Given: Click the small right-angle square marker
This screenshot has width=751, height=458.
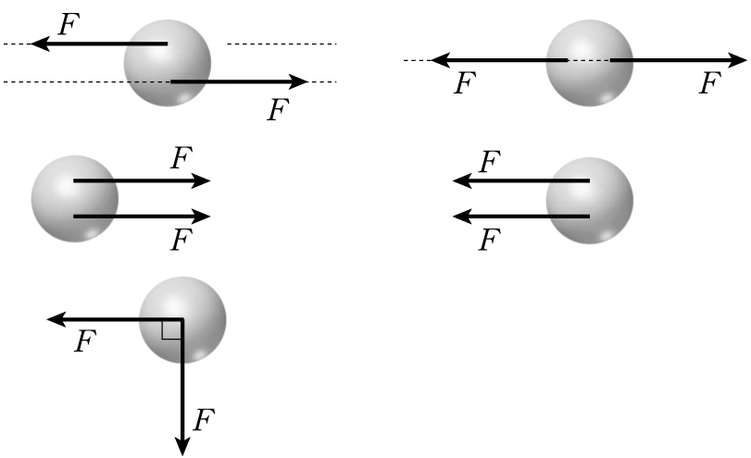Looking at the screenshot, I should (171, 329).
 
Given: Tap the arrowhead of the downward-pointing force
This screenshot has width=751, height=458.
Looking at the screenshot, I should (182, 446).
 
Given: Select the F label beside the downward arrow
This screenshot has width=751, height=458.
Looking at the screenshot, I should (203, 422).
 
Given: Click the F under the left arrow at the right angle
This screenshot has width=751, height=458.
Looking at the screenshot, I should (84, 343).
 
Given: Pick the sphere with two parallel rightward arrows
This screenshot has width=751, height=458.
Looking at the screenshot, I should (75, 198).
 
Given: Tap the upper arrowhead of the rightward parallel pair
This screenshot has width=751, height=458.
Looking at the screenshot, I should (203, 180).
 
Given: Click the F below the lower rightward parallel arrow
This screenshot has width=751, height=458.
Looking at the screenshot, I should (181, 241).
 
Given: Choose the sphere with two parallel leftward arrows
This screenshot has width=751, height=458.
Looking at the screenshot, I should (590, 198).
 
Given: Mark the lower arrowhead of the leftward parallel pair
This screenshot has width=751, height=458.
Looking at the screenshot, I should (460, 217).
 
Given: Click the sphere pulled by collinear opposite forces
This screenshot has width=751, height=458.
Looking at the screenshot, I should (590, 63).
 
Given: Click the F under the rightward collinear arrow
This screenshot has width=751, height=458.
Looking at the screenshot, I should (708, 85).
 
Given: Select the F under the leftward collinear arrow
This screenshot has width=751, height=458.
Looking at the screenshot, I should (466, 85).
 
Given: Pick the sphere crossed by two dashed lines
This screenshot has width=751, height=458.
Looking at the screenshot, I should (168, 63).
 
